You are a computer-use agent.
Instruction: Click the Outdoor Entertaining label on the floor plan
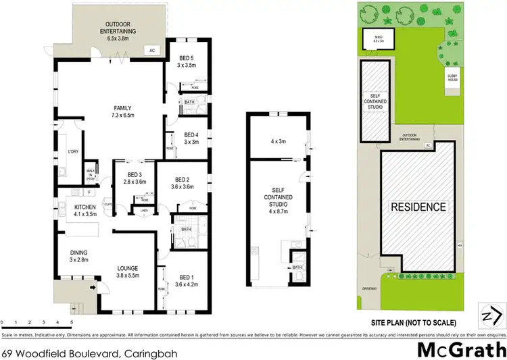[118, 30]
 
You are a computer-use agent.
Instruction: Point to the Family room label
[123, 111]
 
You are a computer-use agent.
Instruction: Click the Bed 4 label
[191, 138]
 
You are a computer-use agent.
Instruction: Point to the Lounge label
[128, 271]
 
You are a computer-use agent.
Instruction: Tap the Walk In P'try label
[91, 174]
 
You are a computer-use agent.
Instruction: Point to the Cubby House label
[452, 78]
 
